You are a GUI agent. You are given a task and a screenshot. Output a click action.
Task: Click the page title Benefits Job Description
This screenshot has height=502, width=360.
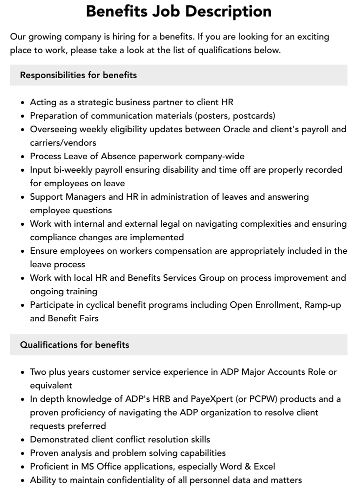point(178,12)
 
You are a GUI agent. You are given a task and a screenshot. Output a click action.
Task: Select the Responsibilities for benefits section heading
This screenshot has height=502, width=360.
point(78,75)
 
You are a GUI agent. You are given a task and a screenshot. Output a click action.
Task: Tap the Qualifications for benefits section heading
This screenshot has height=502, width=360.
point(74,345)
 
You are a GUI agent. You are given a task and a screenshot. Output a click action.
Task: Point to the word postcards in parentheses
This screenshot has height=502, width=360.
point(253,116)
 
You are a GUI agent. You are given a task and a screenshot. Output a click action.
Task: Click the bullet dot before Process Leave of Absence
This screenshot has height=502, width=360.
point(23,157)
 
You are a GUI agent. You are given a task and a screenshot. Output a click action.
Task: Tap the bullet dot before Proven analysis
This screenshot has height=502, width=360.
point(23,453)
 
